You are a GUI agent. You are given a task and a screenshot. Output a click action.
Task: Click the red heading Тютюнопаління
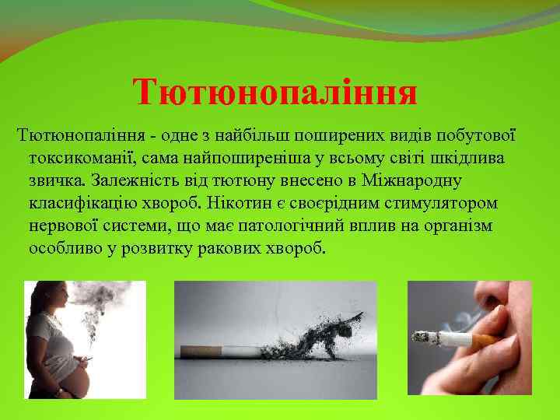[x=275, y=93]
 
